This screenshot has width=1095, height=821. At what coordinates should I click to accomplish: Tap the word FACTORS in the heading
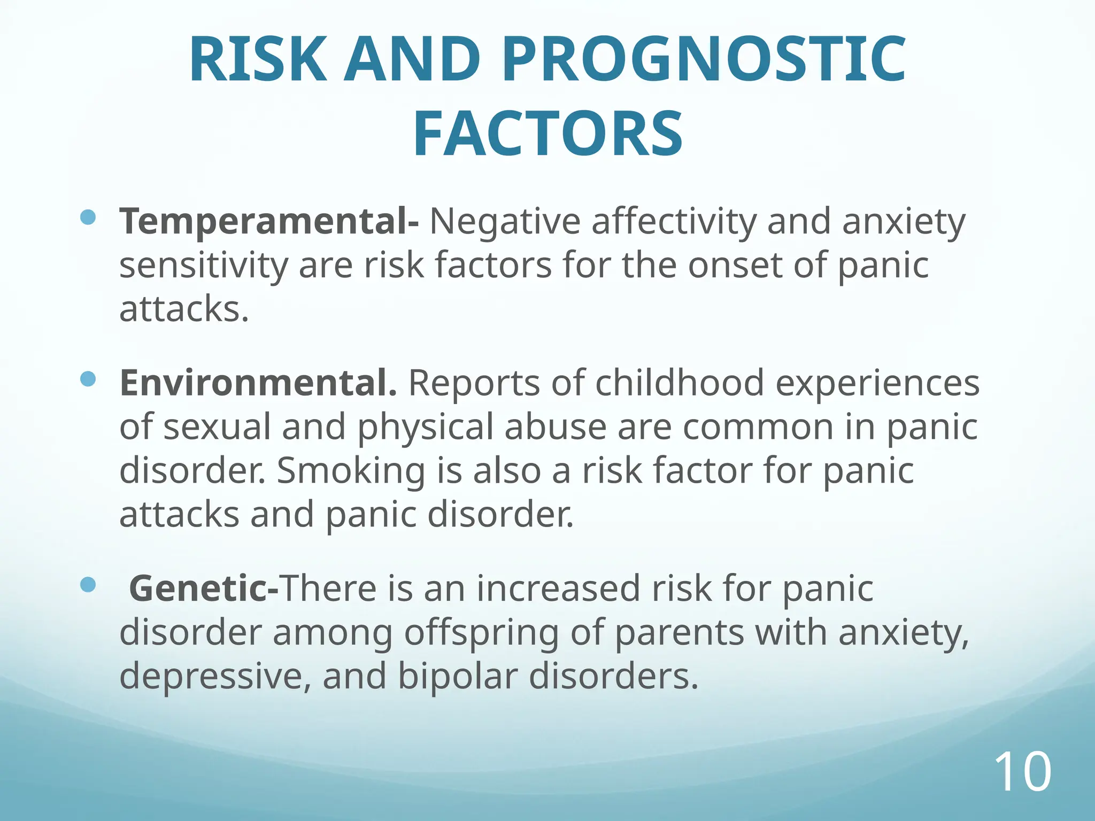click(547, 134)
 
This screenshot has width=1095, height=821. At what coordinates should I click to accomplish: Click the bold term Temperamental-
click(269, 222)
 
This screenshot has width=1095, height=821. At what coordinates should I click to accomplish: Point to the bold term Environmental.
click(258, 383)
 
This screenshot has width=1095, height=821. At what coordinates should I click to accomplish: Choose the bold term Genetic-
click(203, 588)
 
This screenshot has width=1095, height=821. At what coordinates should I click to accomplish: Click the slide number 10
click(1022, 772)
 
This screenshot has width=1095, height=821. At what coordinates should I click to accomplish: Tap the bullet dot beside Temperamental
click(88, 216)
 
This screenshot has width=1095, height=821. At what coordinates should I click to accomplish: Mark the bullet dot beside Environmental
click(88, 379)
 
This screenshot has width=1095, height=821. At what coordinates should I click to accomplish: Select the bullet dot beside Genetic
click(88, 584)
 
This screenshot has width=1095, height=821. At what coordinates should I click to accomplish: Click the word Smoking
click(350, 471)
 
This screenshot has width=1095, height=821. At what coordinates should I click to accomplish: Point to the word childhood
click(679, 383)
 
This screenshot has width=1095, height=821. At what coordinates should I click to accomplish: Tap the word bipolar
click(458, 676)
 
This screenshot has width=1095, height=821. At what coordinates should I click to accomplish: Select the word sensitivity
click(203, 266)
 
